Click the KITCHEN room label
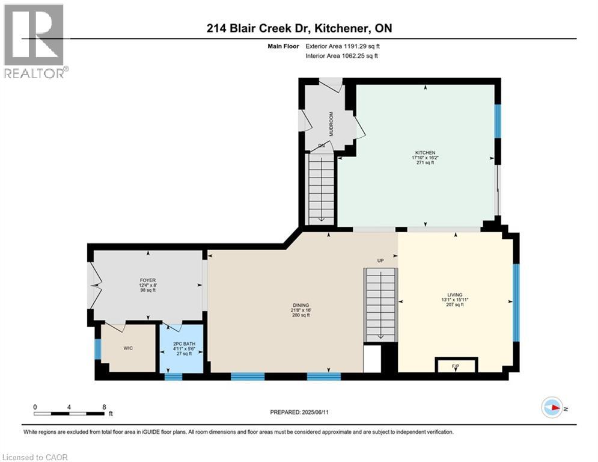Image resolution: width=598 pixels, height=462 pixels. pos(423,153)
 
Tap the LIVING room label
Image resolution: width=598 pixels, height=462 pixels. pos(454,295)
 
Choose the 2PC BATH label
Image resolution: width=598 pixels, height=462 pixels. pos(181,344)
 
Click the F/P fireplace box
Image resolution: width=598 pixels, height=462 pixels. pos(456,364)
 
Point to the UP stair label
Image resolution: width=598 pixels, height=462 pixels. pos(380,261)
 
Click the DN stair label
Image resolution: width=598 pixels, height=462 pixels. pos(322,146)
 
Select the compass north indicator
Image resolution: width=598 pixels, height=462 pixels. pos(553,408)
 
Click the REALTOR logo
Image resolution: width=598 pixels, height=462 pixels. pos(35,42)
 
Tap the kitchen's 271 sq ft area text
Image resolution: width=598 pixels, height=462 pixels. pos(423,162)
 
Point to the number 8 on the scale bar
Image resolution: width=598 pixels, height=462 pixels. pos(105,407)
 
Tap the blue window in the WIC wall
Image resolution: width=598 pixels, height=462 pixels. pos(97,348)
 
